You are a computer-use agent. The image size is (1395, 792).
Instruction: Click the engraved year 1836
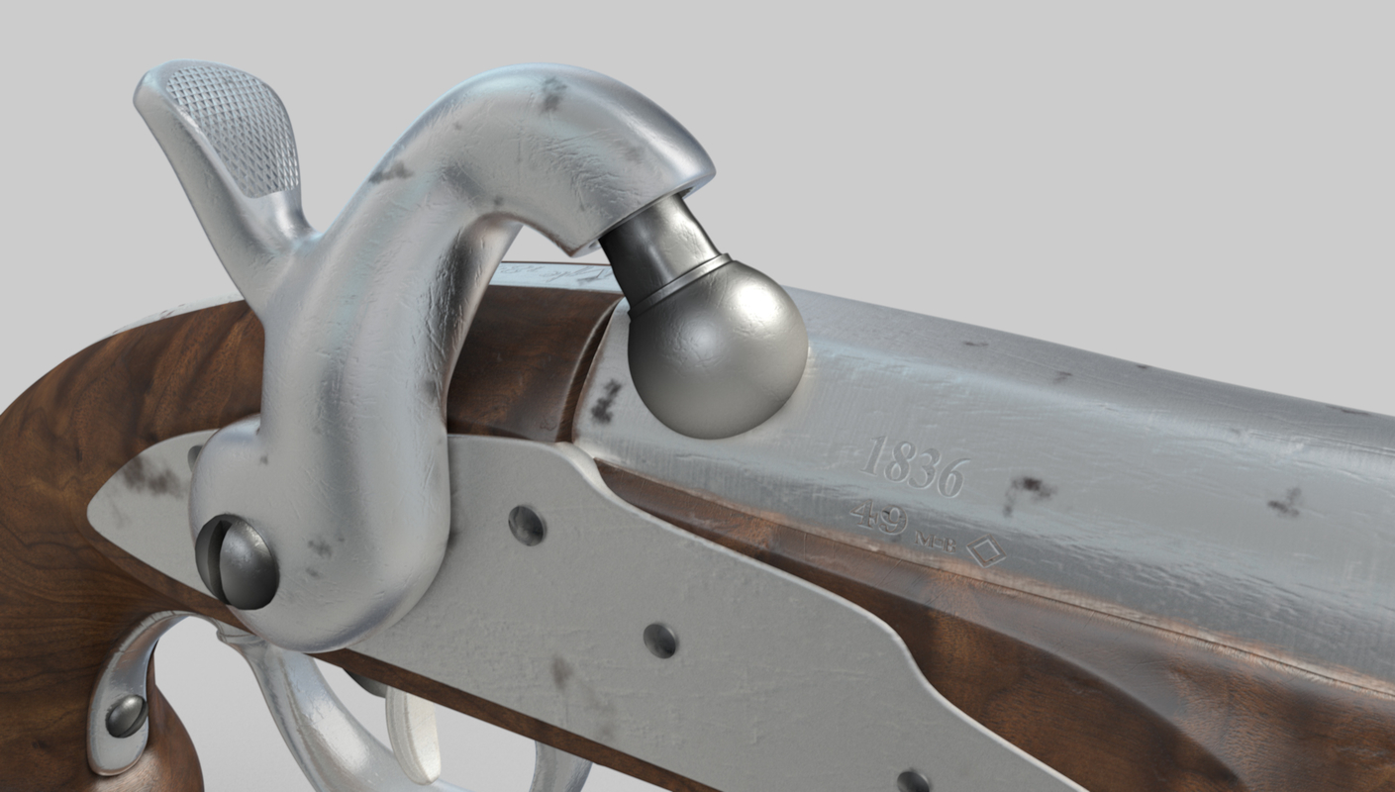pyautogui.click(x=913, y=465)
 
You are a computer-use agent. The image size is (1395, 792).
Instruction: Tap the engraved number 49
pyautogui.click(x=878, y=516)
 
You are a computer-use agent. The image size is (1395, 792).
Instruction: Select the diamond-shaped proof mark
pyautogui.click(x=985, y=552)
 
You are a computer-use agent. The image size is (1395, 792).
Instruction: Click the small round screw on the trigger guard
pyautogui.click(x=126, y=715)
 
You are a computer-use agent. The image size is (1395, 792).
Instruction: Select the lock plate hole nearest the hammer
pyautogui.click(x=527, y=525)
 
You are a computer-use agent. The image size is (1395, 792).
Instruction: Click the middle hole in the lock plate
pyautogui.click(x=659, y=640)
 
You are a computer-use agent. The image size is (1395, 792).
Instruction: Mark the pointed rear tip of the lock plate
pyautogui.click(x=94, y=511)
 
